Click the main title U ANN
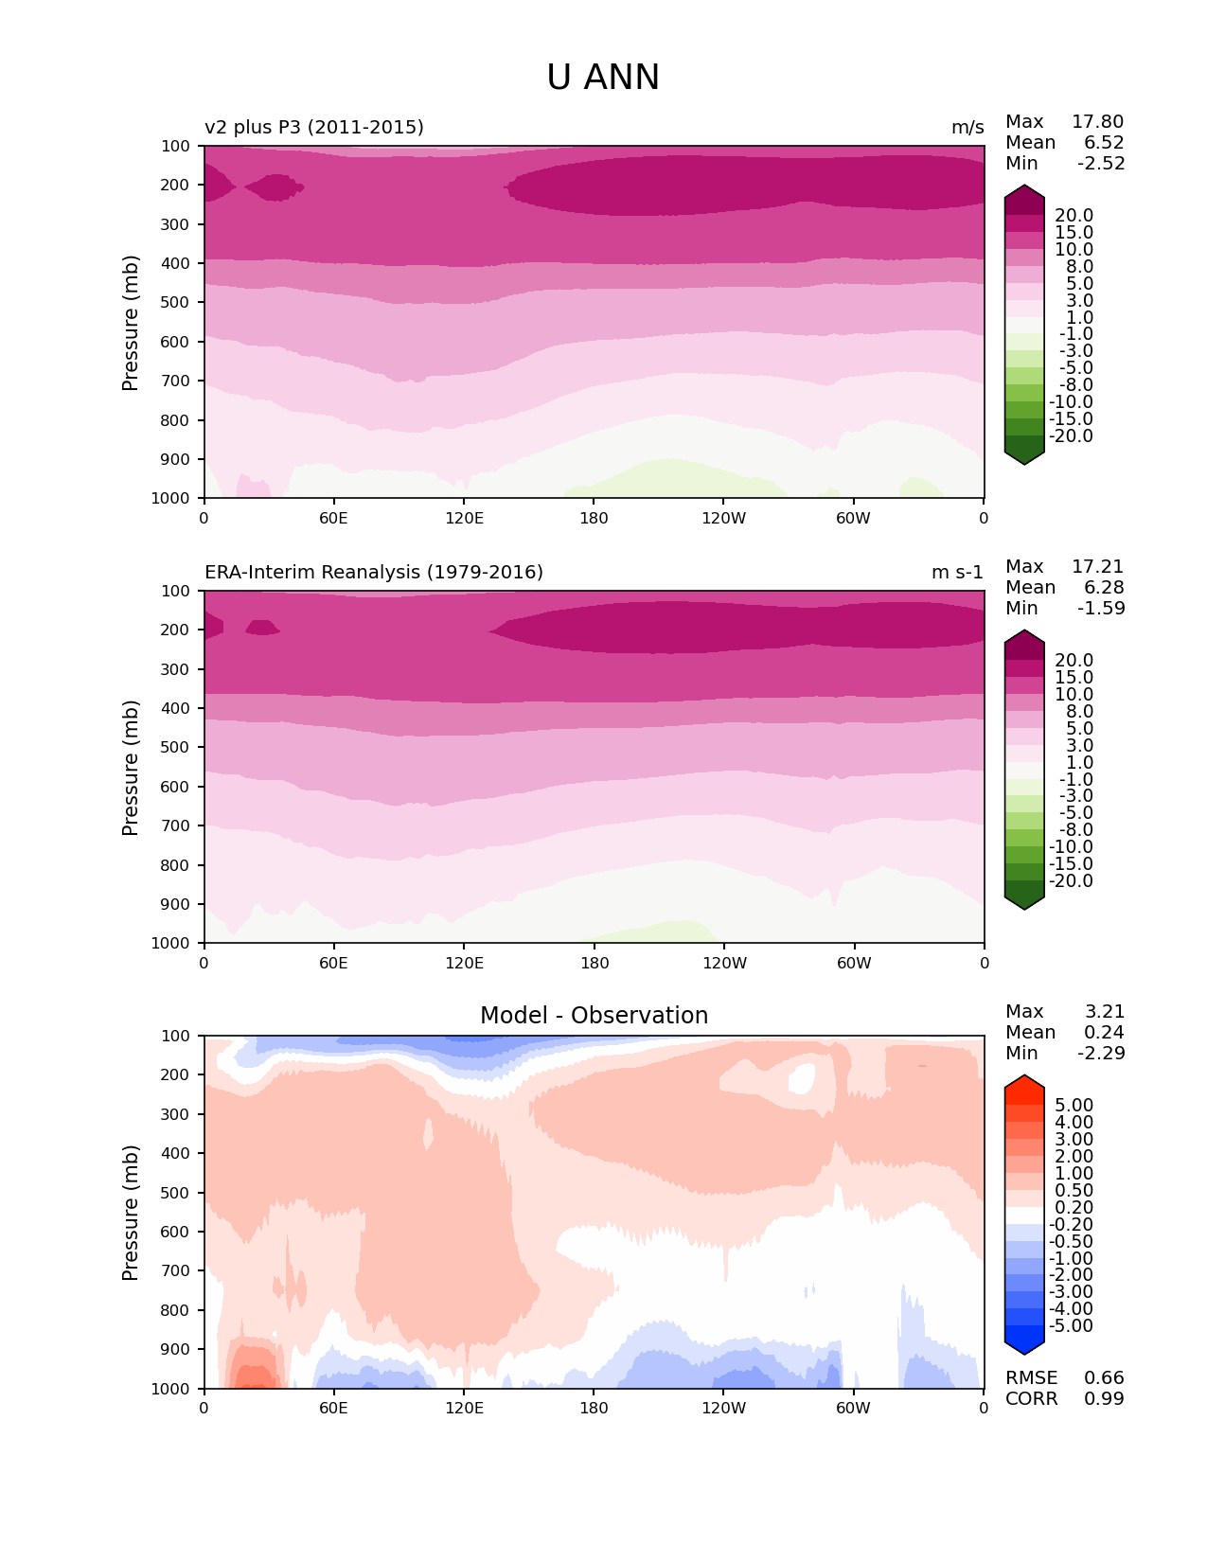603,78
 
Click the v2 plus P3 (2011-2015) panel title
314,128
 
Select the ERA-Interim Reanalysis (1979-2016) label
374,573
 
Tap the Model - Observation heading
594,1016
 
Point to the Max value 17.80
1097,122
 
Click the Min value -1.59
1101,609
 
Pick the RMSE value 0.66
1104,1378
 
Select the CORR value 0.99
1104,1399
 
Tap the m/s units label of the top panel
967,128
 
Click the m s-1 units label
957,573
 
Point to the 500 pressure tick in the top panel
176,303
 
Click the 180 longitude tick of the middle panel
595,964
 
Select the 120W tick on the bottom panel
724,1409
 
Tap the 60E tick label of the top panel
333,519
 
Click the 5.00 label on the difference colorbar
1074,1106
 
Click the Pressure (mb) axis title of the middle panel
131,768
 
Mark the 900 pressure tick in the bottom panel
176,1350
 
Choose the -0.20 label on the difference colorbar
1072,1225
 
